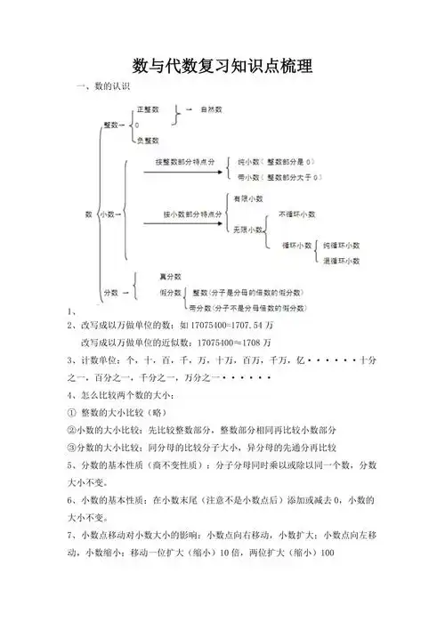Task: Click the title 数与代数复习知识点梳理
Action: [x=222, y=66]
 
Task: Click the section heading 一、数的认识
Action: [x=104, y=86]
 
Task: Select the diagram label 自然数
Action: [x=211, y=109]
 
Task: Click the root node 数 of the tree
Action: [x=88, y=214]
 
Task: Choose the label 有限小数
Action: [x=247, y=198]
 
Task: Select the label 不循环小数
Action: [x=296, y=214]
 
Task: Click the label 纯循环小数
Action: [x=341, y=245]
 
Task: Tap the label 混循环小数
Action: [x=341, y=261]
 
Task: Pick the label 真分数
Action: [x=170, y=277]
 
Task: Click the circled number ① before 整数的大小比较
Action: [x=71, y=412]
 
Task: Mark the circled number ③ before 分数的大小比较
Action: [x=71, y=447]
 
